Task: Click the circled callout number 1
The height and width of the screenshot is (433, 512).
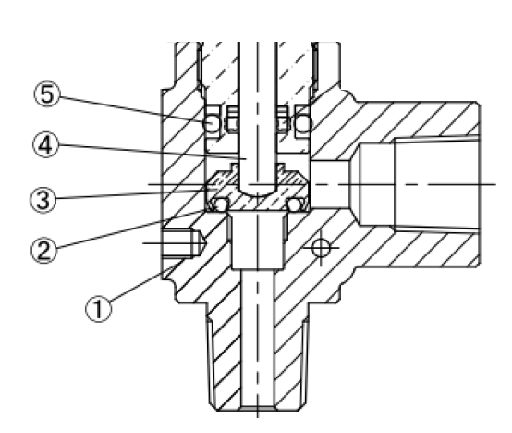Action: click(98, 309)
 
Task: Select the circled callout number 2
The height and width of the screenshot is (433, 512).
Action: click(44, 251)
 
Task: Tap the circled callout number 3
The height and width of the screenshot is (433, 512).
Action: click(43, 200)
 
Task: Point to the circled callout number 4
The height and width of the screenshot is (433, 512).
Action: click(45, 144)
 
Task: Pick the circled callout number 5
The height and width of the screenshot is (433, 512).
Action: click(47, 93)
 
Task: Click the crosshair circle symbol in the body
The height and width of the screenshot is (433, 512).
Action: click(321, 248)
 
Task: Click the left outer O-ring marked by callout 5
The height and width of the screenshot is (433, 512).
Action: click(212, 124)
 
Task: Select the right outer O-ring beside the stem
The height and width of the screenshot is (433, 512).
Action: click(304, 124)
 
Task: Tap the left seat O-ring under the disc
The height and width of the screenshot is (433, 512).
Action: click(221, 205)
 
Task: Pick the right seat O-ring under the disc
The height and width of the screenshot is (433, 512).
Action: click(294, 205)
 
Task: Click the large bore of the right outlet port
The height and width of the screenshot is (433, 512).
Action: click(437, 185)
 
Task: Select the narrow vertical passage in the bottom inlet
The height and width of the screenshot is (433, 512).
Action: click(258, 340)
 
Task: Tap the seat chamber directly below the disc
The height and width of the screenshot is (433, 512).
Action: click(258, 241)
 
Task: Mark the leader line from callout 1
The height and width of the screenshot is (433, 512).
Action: click(148, 279)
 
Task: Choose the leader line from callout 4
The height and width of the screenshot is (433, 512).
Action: click(152, 152)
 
